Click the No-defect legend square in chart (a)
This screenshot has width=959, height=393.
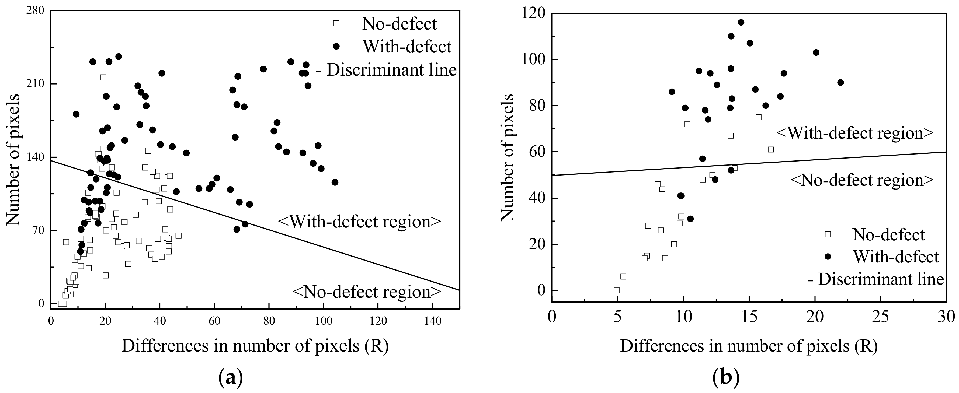336,23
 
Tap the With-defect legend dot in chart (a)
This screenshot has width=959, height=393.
336,46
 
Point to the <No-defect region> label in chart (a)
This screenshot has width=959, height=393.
367,292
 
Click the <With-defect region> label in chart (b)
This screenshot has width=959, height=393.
855,133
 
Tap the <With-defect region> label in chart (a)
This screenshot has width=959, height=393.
359,222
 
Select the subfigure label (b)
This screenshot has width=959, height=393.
726,378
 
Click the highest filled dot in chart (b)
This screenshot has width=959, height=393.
741,22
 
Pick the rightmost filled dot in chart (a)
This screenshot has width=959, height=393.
335,182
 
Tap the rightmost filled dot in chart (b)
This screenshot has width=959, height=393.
840,82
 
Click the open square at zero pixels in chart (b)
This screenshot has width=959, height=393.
617,290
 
